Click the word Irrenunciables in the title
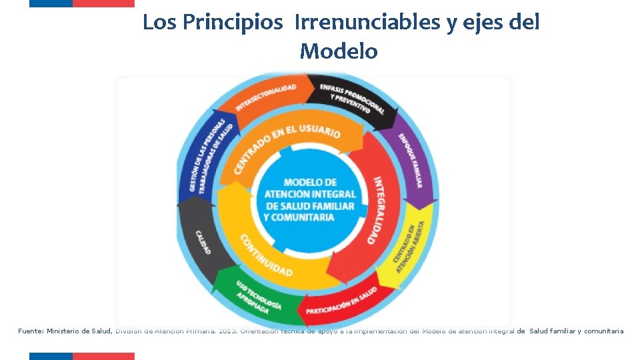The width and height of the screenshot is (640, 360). [365, 23]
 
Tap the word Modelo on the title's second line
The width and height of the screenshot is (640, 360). [338, 51]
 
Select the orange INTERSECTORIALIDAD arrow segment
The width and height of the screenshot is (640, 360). [265, 98]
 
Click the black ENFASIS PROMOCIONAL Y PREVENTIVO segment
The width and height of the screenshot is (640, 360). [351, 99]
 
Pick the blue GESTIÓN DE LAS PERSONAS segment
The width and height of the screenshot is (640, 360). [207, 157]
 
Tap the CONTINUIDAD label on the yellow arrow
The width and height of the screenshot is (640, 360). [266, 256]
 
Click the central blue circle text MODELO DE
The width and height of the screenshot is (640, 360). [310, 182]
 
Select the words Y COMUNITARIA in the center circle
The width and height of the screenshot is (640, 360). [299, 217]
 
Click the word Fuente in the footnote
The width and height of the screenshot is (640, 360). [31, 331]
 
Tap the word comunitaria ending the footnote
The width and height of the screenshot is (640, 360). [603, 331]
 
